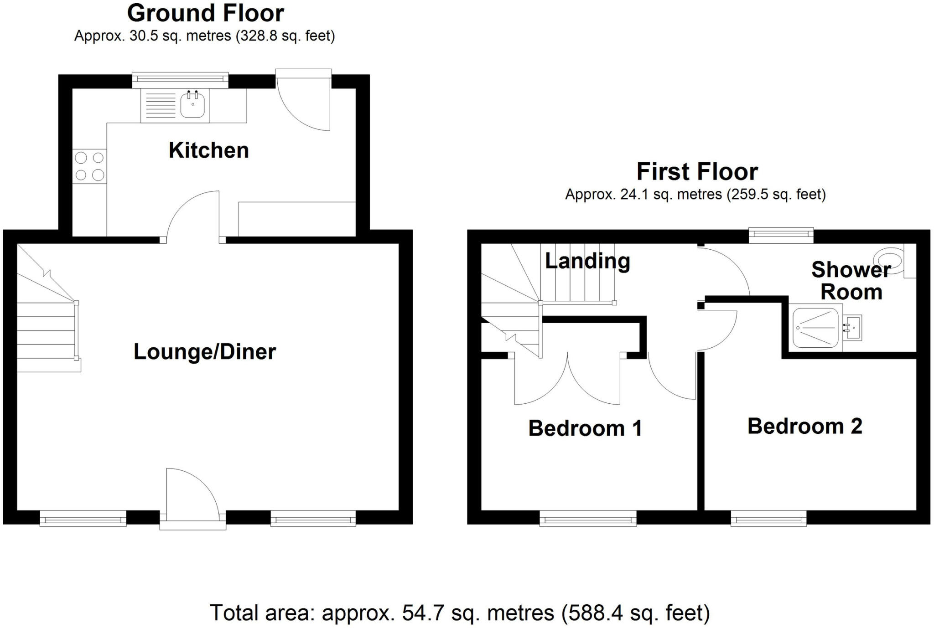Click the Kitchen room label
pyautogui.click(x=208, y=150)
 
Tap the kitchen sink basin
pyautogui.click(x=192, y=106)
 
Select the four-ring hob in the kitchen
pyautogui.click(x=89, y=166)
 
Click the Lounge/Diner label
pyautogui.click(x=205, y=352)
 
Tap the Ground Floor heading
pyautogui.click(x=205, y=13)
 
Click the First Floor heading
pyautogui.click(x=697, y=172)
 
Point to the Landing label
pyautogui.click(x=587, y=261)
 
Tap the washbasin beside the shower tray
pyautogui.click(x=852, y=327)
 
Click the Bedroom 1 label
pyautogui.click(x=585, y=428)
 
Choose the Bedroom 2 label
pyautogui.click(x=804, y=427)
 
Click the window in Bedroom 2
pyautogui.click(x=768, y=518)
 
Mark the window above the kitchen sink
pyautogui.click(x=180, y=80)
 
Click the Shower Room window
pyautogui.click(x=781, y=235)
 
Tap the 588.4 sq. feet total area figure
pyautogui.click(x=635, y=613)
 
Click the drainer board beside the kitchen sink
pyautogui.click(x=160, y=106)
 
